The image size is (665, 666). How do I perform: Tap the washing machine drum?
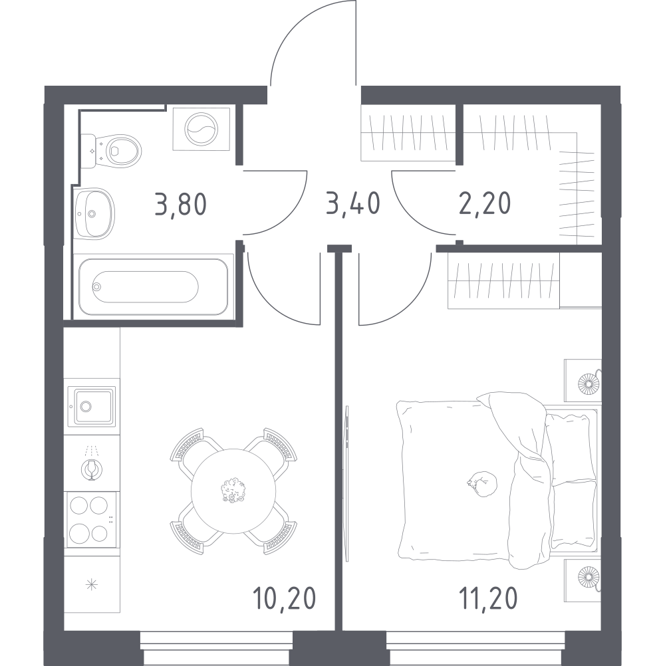click(x=201, y=129)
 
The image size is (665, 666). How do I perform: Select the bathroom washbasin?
click(x=94, y=213)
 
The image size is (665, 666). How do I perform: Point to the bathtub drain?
click(x=97, y=286)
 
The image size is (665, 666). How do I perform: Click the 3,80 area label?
click(x=181, y=204)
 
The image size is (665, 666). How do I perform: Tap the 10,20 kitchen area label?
click(x=284, y=598)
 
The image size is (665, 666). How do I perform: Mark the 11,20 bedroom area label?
click(x=488, y=598)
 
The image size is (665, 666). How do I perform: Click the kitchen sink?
click(x=91, y=407)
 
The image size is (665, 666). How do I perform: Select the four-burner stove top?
click(x=90, y=520)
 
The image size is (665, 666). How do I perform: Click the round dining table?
click(x=233, y=491)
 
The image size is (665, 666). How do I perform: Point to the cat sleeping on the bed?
click(x=483, y=483)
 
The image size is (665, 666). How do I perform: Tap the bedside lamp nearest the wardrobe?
click(x=589, y=384)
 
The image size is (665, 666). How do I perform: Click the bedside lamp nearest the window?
click(x=589, y=577)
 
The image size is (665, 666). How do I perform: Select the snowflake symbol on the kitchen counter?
click(x=91, y=585)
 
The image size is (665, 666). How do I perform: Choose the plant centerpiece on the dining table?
click(x=233, y=491)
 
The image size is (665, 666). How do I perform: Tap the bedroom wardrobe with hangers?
click(x=503, y=280)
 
